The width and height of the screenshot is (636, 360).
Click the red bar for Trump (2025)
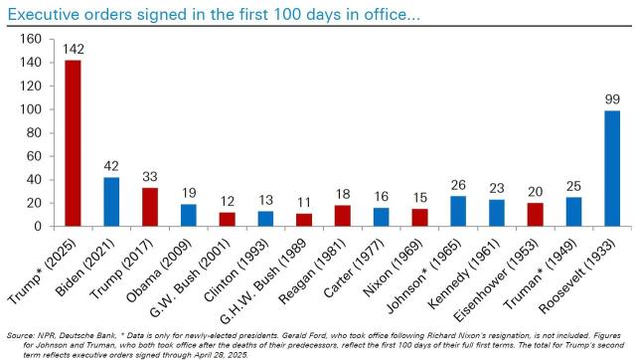point(73,143)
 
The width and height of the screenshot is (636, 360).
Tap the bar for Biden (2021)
point(111,202)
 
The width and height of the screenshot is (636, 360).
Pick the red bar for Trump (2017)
point(150,207)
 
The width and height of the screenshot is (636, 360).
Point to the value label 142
point(73,50)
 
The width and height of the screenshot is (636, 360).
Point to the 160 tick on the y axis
point(30,39)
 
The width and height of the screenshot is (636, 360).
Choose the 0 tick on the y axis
point(37,226)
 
